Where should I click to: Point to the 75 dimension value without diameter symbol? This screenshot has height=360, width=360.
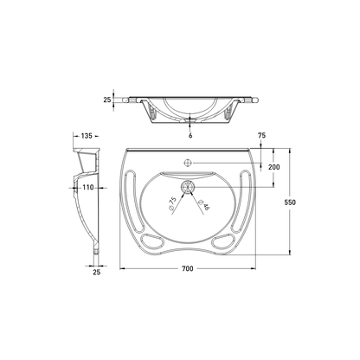[x=260, y=135]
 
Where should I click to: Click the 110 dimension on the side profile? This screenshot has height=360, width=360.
[x=87, y=187]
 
